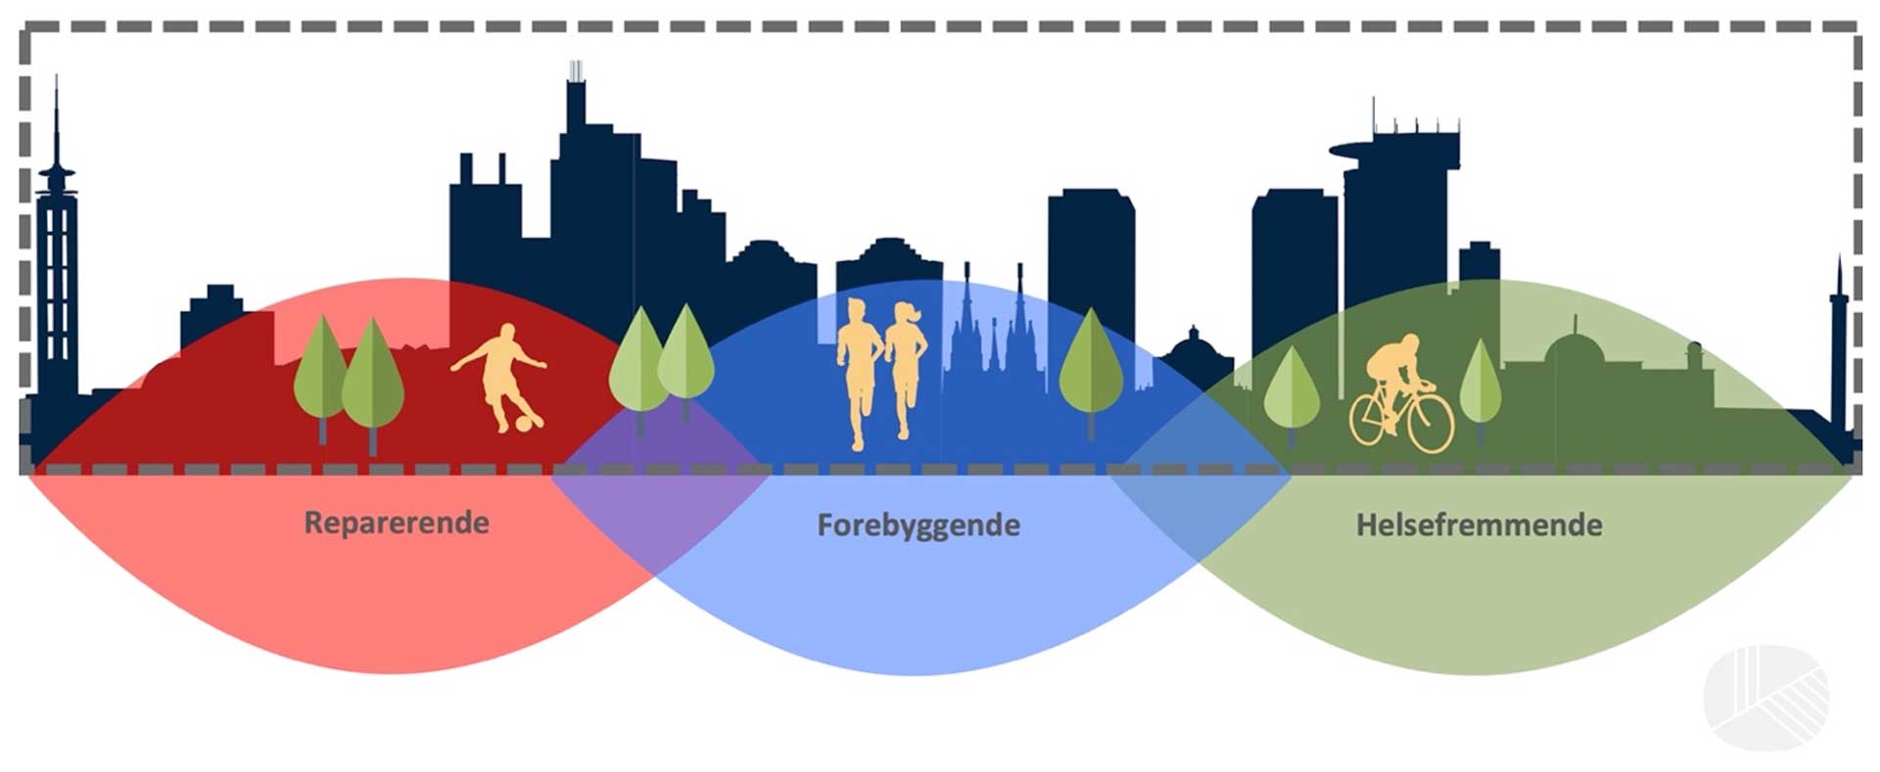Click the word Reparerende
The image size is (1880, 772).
pos(397,523)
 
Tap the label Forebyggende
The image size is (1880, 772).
pos(918,526)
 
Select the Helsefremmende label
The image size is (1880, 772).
pos(1479,525)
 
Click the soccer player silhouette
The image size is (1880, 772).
pos(498,377)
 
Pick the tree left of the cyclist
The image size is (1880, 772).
pos(1292,391)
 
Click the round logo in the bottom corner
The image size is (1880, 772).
pos(1765,697)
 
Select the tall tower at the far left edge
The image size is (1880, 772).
pos(57,264)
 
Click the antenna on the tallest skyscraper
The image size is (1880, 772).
pos(576,70)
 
